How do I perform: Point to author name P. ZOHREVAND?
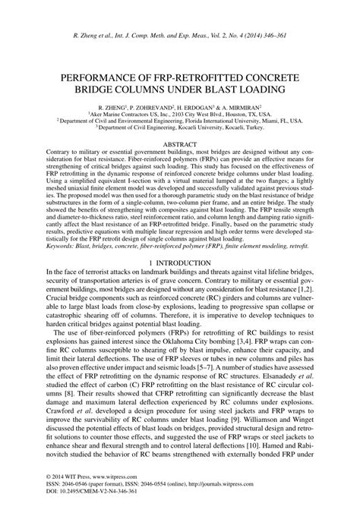pos(149,109)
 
